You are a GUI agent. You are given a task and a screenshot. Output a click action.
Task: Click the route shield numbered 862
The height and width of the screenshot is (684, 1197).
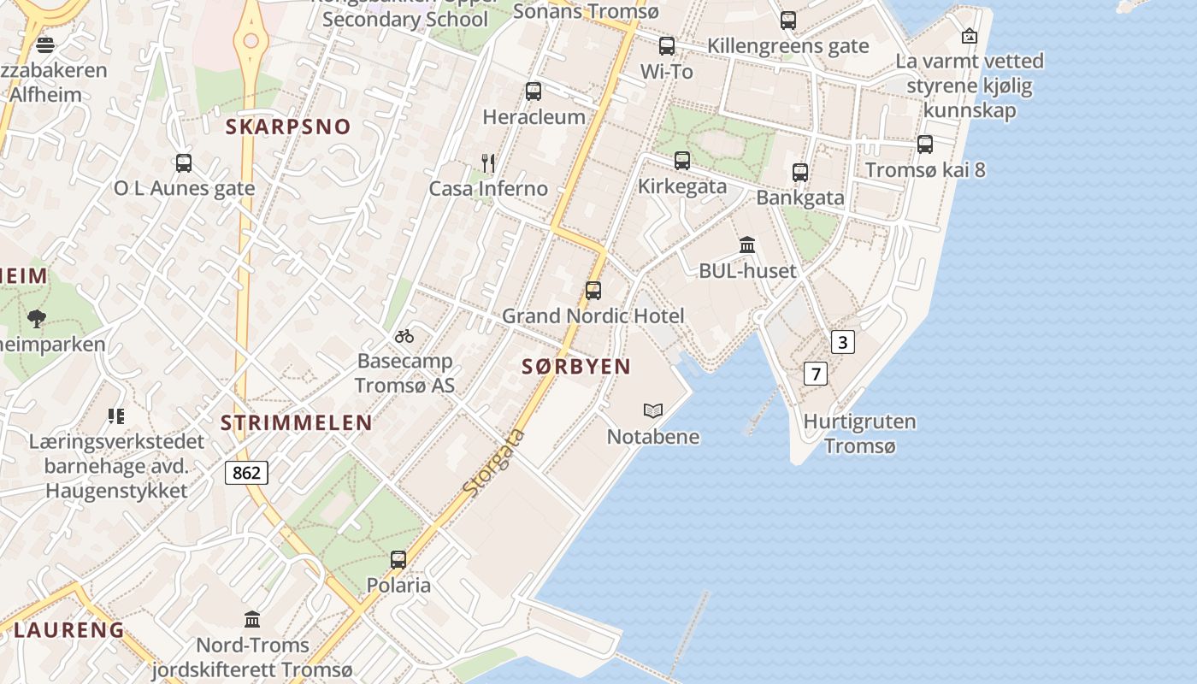click(247, 472)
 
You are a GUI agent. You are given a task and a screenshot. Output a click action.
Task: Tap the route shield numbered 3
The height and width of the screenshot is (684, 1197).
click(842, 343)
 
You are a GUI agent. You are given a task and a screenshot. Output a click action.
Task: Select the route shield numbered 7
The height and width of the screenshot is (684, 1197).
click(816, 374)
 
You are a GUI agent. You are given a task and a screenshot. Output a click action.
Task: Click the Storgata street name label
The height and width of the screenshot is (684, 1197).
click(493, 463)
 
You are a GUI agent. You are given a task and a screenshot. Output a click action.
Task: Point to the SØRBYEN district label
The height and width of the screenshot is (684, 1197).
click(576, 367)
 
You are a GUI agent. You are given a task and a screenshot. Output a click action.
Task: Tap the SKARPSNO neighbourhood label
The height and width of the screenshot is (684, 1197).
click(288, 127)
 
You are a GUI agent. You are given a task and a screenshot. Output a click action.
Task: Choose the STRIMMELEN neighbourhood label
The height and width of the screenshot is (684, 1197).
click(296, 422)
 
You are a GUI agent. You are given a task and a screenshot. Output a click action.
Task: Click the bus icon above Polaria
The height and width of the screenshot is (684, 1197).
click(398, 560)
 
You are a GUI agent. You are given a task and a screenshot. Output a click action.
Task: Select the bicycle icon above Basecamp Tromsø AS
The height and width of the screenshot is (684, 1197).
click(404, 336)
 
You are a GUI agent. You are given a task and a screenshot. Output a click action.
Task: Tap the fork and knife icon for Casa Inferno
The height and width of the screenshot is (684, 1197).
click(488, 162)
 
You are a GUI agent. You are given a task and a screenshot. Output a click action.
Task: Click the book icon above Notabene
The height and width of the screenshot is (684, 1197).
click(653, 411)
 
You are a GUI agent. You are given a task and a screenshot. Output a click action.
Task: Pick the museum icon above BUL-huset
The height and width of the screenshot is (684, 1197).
click(747, 245)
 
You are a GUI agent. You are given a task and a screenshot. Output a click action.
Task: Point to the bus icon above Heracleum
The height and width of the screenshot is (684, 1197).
click(534, 91)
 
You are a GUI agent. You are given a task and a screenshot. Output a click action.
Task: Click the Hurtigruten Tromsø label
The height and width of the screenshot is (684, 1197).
click(859, 433)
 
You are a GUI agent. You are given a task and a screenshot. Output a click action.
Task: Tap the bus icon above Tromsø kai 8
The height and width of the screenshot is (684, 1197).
click(925, 144)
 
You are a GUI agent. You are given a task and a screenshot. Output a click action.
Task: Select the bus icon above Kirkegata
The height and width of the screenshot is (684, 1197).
click(682, 161)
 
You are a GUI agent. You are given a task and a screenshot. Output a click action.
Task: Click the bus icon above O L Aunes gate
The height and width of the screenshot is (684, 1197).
click(184, 162)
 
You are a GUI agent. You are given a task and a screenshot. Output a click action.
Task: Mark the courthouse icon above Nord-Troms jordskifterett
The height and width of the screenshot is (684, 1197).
click(252, 619)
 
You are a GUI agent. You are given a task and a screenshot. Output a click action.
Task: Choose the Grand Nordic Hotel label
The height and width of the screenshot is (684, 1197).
click(593, 316)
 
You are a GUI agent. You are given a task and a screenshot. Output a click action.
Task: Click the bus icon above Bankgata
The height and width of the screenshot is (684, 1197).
click(800, 173)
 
